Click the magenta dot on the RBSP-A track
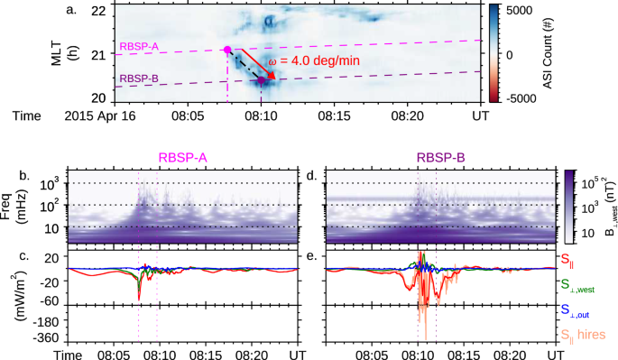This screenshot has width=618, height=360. (x=226, y=51)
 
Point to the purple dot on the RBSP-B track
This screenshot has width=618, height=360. (x=262, y=80)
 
